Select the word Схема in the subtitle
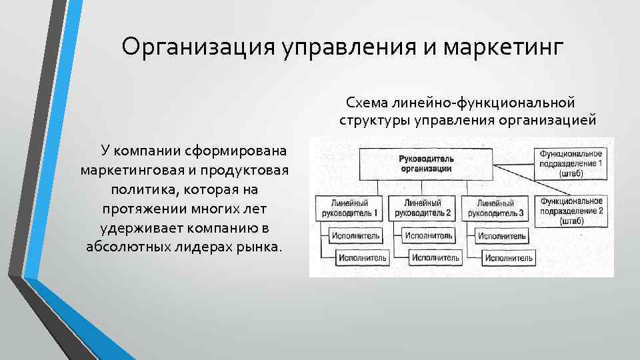point(366,103)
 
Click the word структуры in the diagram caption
point(374,121)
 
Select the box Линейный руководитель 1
point(348,208)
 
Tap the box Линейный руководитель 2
point(423,208)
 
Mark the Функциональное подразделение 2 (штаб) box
point(571,209)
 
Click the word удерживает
point(144,227)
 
